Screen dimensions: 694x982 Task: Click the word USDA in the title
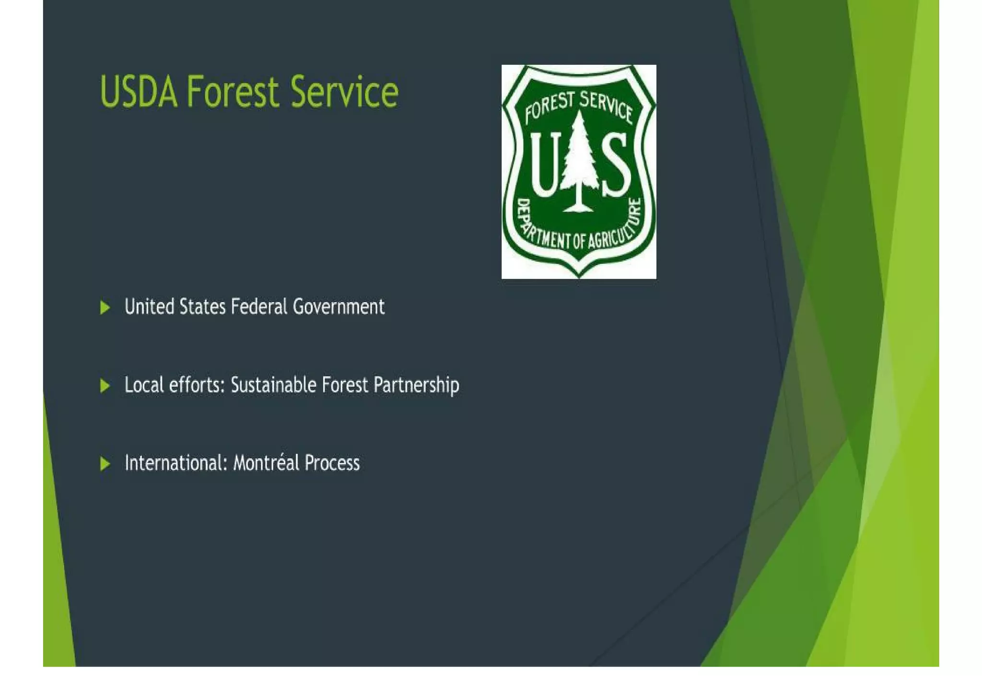pyautogui.click(x=139, y=92)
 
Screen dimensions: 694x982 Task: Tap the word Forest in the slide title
pyautogui.click(x=233, y=92)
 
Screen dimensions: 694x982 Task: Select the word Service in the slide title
pyautogui.click(x=344, y=92)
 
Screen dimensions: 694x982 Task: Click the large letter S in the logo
pyautogui.click(x=616, y=165)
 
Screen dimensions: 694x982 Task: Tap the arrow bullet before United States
pyautogui.click(x=105, y=307)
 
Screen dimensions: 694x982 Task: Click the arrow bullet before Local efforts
pyautogui.click(x=105, y=386)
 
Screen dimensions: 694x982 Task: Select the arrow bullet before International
pyautogui.click(x=105, y=464)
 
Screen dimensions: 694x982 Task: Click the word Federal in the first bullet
pyautogui.click(x=259, y=307)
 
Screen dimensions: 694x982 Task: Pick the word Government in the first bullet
pyautogui.click(x=339, y=307)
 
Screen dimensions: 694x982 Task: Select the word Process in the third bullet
pyautogui.click(x=332, y=463)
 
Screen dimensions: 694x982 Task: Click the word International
pyautogui.click(x=175, y=463)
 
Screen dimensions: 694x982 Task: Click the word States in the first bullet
pyautogui.click(x=202, y=307)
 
